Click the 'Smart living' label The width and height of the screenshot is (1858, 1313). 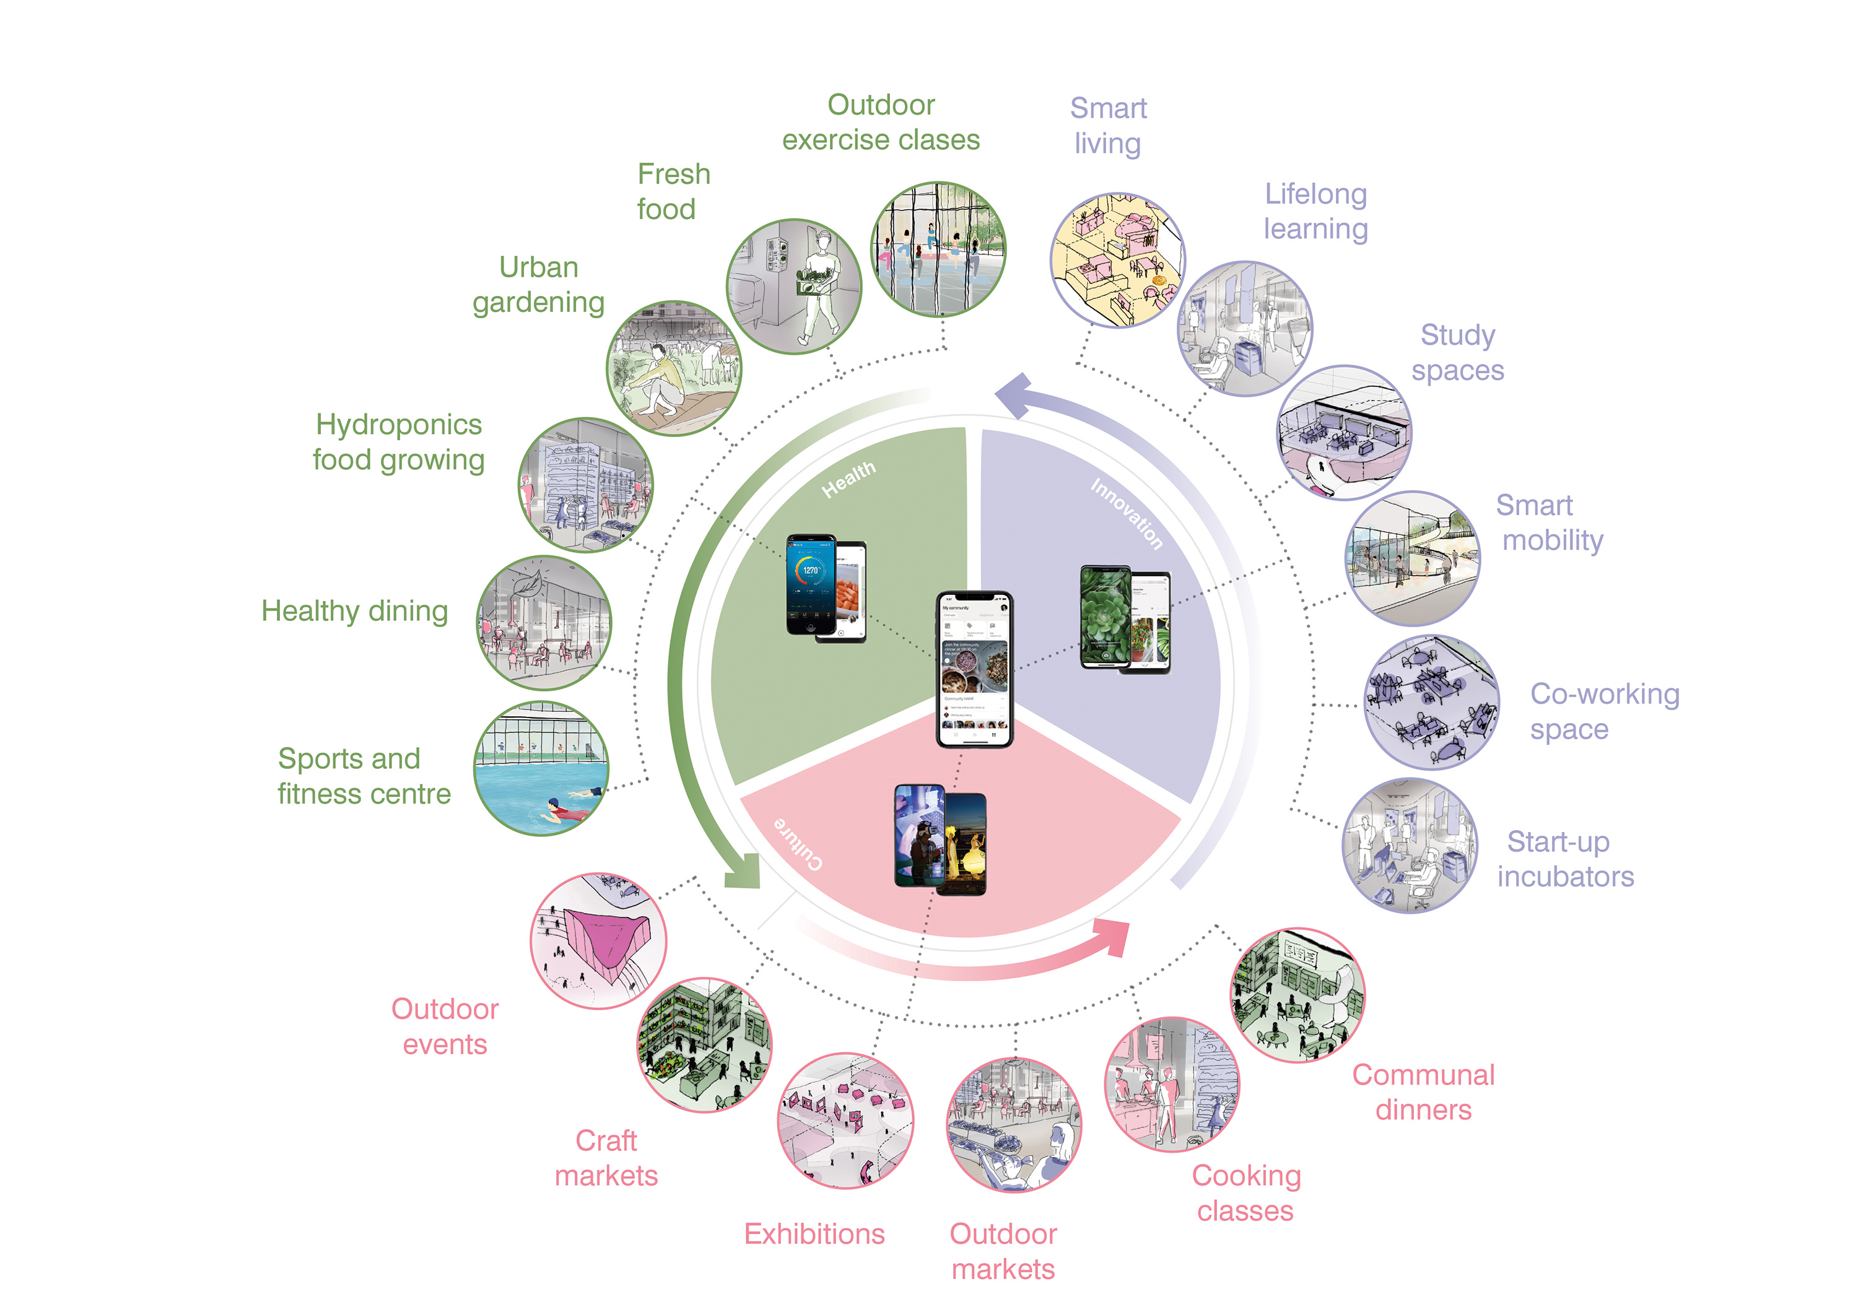click(1108, 126)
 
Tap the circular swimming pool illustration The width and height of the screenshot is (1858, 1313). click(541, 768)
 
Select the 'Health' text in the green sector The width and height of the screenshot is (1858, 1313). click(848, 479)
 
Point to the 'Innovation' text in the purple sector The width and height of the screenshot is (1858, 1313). click(1127, 513)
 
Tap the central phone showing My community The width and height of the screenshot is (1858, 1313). click(974, 669)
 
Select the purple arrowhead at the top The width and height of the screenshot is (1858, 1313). click(1013, 395)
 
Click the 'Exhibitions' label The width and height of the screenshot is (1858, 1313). click(814, 1234)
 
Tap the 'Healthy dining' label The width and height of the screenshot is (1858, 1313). click(354, 611)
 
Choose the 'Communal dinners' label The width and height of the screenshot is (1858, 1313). click(1423, 1092)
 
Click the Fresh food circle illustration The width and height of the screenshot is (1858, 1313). click(794, 287)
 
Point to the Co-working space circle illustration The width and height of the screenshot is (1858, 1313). click(1431, 702)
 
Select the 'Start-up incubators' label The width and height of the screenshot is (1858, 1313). click(1565, 859)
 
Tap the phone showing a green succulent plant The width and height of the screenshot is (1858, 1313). click(1106, 617)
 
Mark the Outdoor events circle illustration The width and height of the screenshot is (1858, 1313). click(598, 941)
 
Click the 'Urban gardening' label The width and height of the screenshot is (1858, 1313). click(539, 285)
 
